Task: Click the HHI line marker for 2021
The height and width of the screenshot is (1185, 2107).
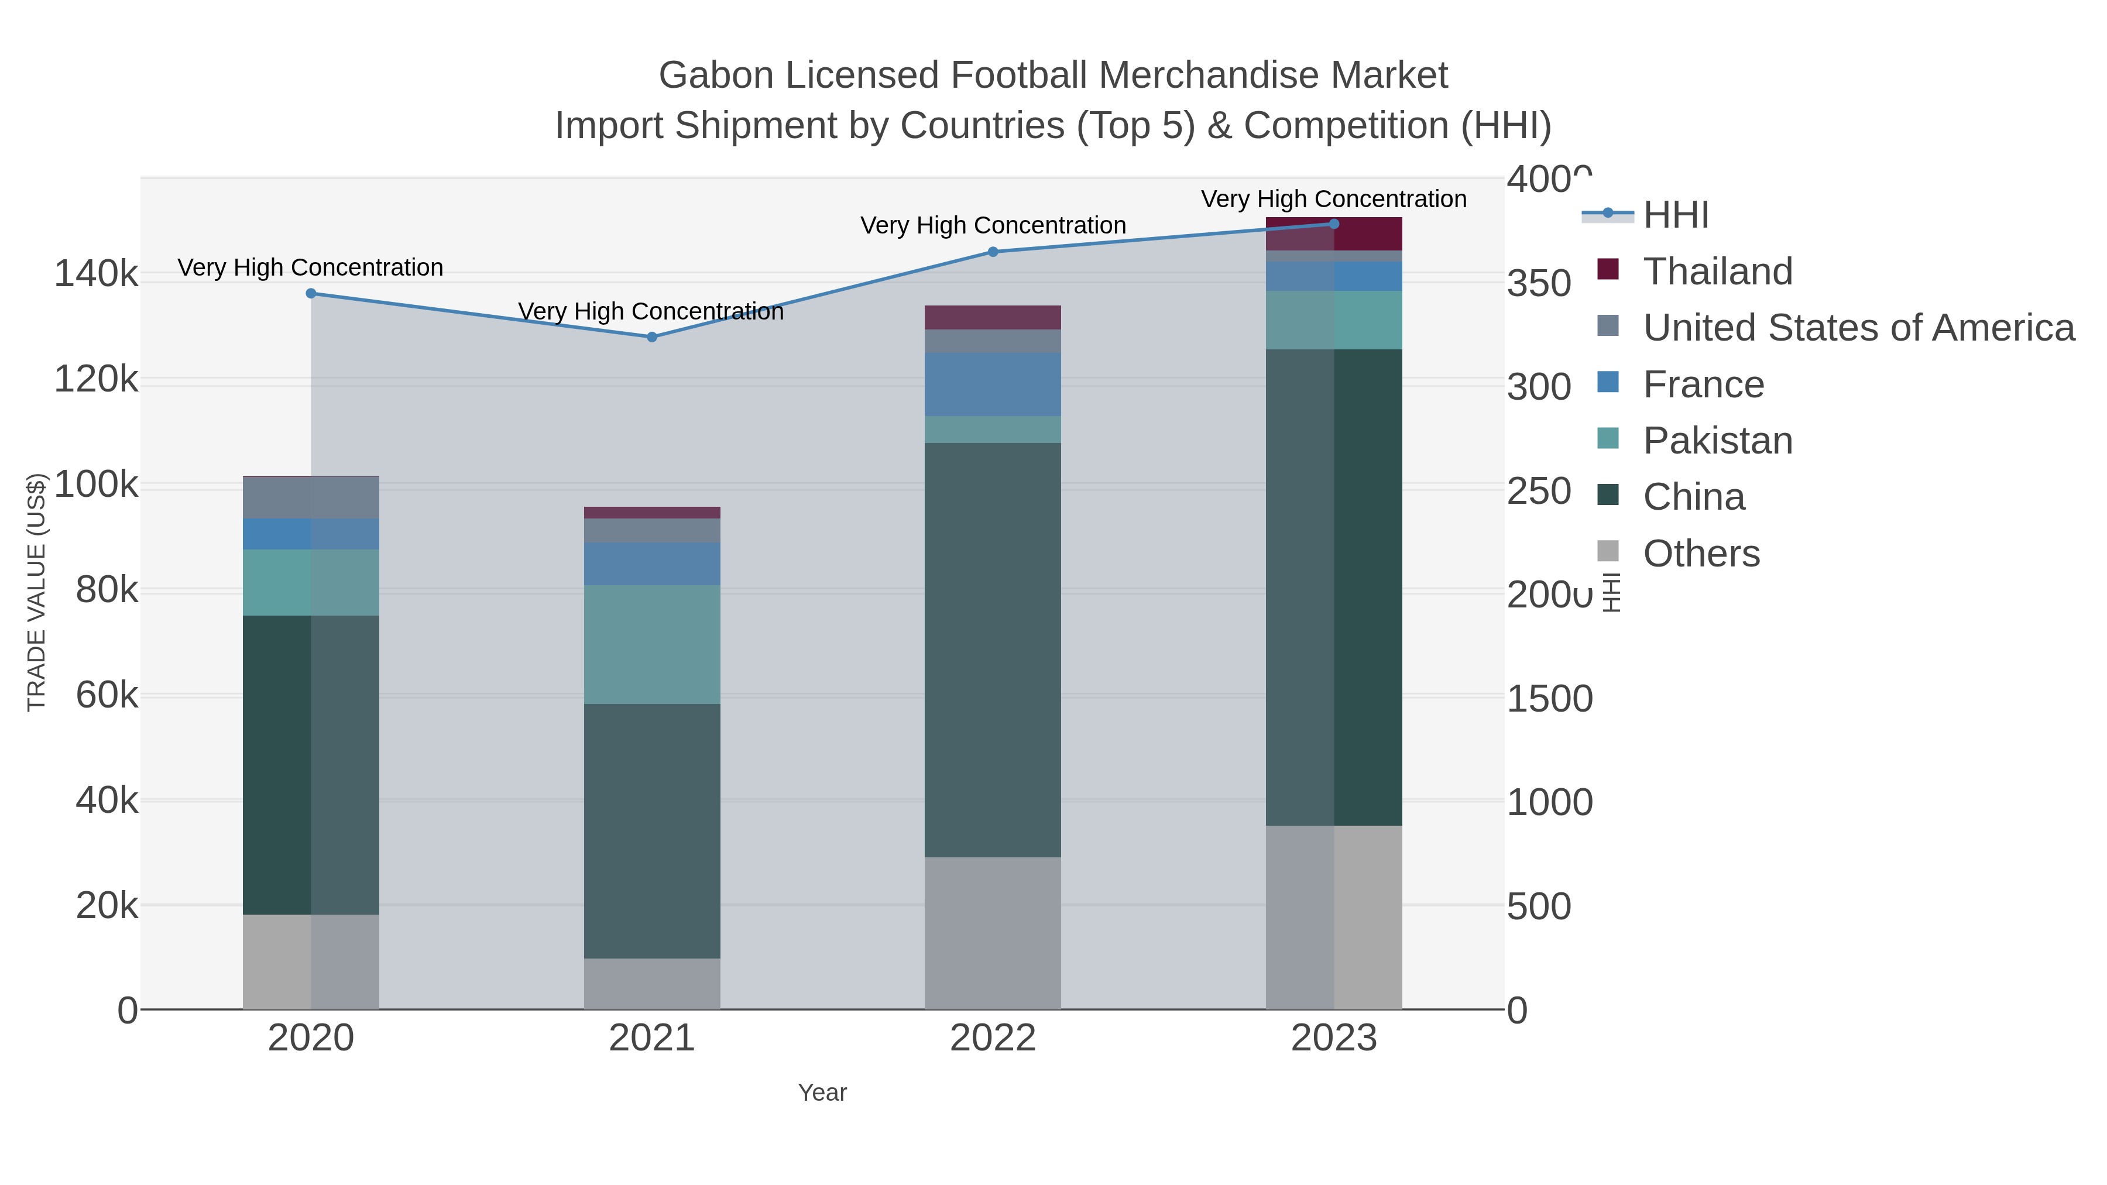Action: [652, 337]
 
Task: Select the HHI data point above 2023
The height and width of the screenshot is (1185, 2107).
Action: [1334, 224]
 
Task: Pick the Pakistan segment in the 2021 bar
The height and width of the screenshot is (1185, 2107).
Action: [652, 644]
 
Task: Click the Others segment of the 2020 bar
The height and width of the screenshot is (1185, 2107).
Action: [311, 961]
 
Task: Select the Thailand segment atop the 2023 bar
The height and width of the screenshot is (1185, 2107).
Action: [1334, 234]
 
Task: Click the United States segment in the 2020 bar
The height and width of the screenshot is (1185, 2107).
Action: [311, 498]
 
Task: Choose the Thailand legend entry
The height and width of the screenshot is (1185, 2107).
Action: [1718, 272]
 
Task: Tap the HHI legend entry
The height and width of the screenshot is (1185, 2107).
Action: [1675, 215]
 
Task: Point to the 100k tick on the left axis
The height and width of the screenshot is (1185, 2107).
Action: [96, 485]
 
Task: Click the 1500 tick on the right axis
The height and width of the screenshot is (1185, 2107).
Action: [1549, 698]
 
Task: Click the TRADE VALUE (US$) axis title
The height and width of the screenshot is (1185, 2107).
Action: [37, 592]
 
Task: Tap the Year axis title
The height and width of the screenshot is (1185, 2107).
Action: [822, 1093]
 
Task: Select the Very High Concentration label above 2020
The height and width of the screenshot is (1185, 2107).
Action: [310, 267]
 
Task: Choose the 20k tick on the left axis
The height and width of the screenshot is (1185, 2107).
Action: [107, 905]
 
